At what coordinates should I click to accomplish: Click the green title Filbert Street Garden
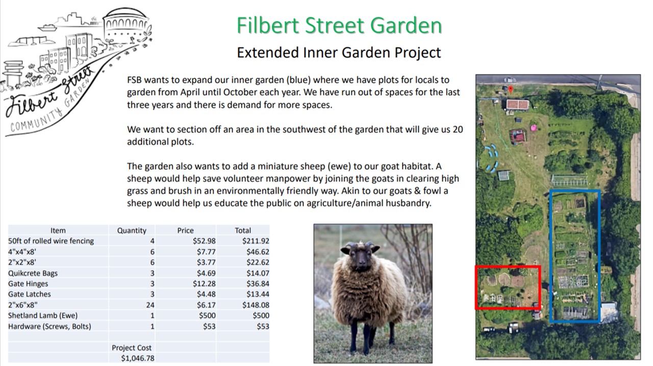click(339, 26)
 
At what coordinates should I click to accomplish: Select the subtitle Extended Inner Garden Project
click(339, 53)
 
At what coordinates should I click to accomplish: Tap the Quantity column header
click(132, 230)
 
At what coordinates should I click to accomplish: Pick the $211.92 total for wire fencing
click(256, 241)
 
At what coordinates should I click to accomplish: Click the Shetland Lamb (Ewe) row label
click(43, 315)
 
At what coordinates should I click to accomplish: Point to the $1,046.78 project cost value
click(138, 358)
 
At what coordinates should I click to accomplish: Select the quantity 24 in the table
click(150, 305)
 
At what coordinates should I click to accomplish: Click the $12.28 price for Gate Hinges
click(204, 283)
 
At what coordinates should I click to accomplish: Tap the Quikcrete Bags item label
click(33, 273)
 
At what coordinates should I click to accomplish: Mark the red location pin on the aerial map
click(511, 89)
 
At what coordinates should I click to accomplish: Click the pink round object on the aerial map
click(533, 128)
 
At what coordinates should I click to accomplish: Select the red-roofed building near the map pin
click(517, 105)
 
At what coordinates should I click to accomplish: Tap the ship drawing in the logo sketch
click(47, 28)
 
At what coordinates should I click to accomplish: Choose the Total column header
click(243, 230)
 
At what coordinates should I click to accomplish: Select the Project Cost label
click(132, 348)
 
